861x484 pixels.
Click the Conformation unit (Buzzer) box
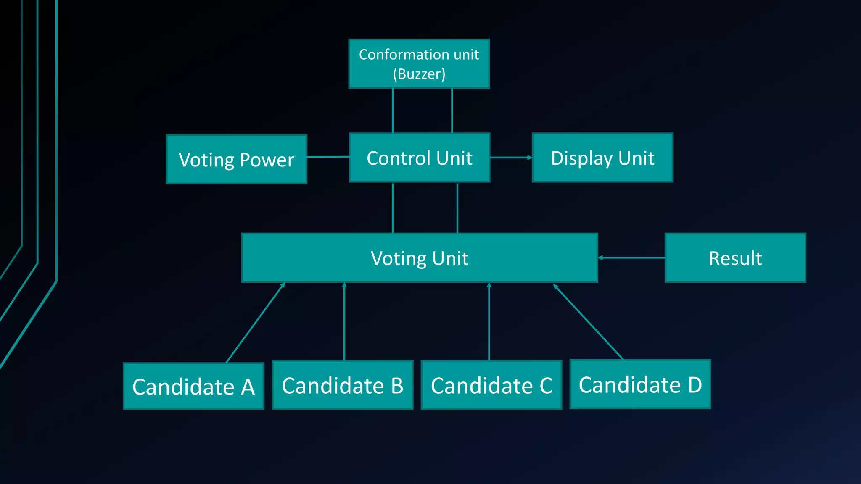419,63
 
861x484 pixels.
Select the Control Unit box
419,158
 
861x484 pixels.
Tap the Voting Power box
236,159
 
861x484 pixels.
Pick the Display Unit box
602,158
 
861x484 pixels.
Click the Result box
735,258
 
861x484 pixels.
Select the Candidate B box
342,385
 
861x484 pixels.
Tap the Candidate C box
491,385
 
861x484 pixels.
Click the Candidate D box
640,384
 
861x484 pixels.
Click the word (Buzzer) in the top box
419,74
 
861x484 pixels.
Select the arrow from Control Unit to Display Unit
511,158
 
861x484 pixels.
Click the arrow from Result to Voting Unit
631,258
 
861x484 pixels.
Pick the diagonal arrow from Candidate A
255,322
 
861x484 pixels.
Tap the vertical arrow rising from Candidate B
344,321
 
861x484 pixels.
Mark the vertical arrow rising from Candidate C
489,321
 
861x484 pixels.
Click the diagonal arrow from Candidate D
588,322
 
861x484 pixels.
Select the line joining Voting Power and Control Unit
328,157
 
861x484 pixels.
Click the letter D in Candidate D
695,384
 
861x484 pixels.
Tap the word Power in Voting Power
267,160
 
